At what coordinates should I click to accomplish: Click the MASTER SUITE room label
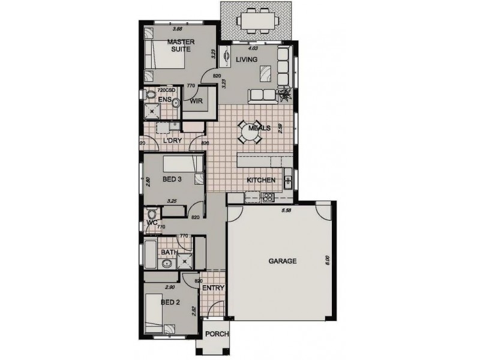click(x=179, y=46)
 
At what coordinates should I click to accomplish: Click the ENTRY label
click(x=213, y=288)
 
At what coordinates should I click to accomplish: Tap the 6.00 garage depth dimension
click(x=328, y=260)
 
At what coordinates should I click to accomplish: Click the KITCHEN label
click(x=261, y=180)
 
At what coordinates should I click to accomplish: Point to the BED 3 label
click(x=173, y=179)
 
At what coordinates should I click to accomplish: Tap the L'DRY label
click(x=173, y=141)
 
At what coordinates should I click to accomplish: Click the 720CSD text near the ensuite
click(x=166, y=90)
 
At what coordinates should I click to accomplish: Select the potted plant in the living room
click(x=286, y=94)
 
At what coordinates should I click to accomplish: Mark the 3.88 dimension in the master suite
click(x=177, y=28)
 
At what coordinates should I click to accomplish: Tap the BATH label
click(x=169, y=253)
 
